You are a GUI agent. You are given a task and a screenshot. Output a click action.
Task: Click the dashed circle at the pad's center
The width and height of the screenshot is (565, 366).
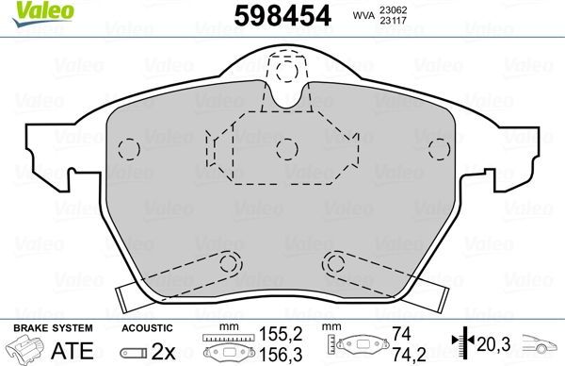(285, 147)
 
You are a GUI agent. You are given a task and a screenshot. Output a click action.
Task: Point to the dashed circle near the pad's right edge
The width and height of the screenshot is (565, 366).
(437, 149)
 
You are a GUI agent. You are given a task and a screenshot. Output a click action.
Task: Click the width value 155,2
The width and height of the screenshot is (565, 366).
(278, 334)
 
